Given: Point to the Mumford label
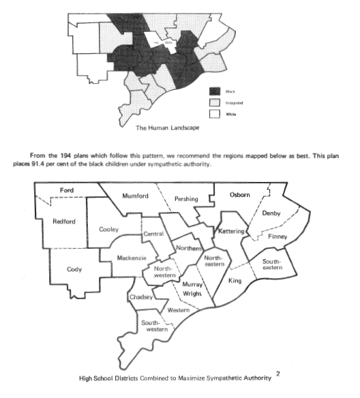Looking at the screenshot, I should [135, 196].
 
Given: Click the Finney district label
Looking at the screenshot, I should [277, 236].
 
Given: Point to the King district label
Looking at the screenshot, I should [235, 280].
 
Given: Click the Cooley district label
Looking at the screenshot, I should [110, 229].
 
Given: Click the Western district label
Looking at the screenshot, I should [179, 310].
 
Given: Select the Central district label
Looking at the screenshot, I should [152, 234].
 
